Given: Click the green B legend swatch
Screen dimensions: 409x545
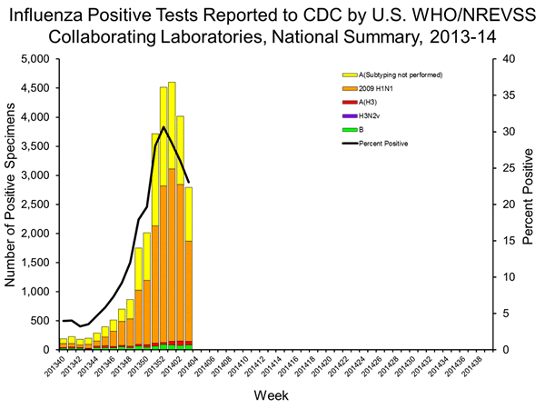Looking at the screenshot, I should tap(350, 130).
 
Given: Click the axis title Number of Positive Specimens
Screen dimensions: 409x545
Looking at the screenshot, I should tap(12, 204).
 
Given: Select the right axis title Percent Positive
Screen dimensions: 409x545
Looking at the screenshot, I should tap(528, 204).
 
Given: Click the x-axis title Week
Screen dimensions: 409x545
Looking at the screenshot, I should tap(272, 396).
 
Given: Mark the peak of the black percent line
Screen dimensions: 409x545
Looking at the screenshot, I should tap(163, 126).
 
